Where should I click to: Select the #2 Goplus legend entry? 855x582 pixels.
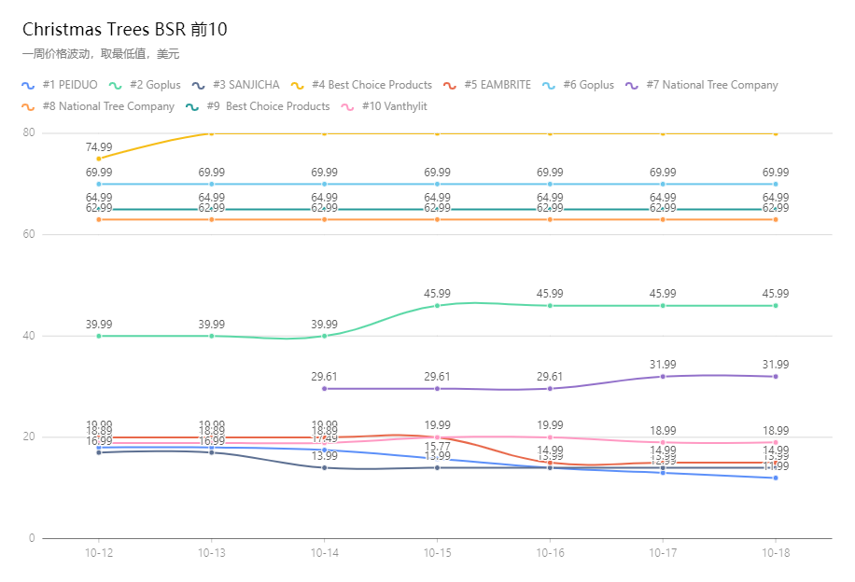click(x=146, y=85)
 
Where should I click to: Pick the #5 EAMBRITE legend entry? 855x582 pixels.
click(x=487, y=85)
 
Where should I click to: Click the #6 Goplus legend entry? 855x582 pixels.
click(x=579, y=85)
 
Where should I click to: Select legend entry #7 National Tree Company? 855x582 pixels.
click(x=702, y=85)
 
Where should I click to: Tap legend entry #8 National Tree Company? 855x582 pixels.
click(x=99, y=106)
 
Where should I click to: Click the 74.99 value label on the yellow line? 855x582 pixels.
click(x=99, y=147)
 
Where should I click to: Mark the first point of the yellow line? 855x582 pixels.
click(x=99, y=159)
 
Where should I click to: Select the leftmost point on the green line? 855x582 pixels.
click(x=99, y=336)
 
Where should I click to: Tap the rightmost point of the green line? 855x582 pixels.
click(x=776, y=305)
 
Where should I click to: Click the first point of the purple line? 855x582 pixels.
click(x=324, y=388)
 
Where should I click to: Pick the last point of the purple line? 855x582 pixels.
click(x=776, y=376)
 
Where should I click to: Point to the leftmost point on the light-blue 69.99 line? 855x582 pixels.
click(x=99, y=184)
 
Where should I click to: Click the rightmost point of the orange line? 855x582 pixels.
click(x=776, y=219)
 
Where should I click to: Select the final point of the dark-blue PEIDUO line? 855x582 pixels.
click(x=776, y=478)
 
